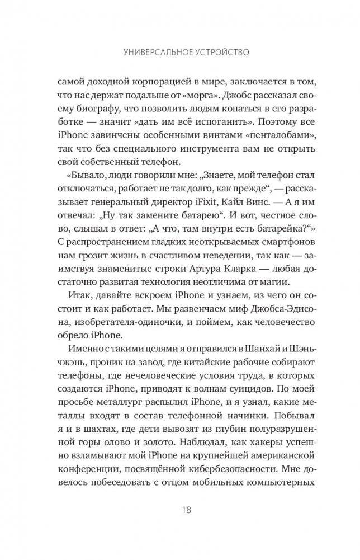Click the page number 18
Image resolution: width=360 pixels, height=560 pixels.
pos(187,510)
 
